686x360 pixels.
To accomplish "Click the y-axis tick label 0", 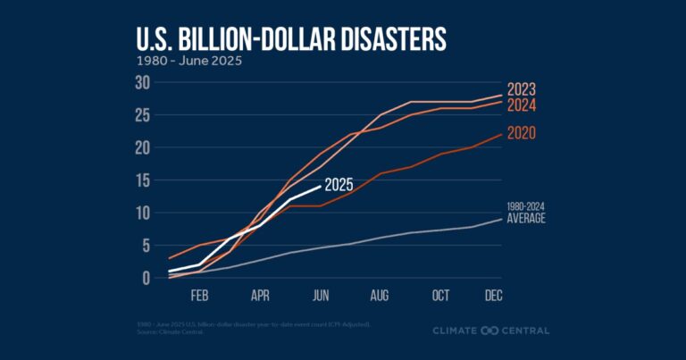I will (x=143, y=278).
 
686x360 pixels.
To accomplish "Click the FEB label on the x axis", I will (x=199, y=295).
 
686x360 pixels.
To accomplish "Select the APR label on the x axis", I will (x=260, y=295).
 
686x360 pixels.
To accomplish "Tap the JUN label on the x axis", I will (x=319, y=295).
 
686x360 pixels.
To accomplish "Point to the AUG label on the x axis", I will (x=380, y=295).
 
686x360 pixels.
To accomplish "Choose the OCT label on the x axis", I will (x=440, y=295).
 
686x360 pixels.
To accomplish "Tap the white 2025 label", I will (x=339, y=186).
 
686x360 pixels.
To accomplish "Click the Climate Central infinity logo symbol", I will (x=488, y=331).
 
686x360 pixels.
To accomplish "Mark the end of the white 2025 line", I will (x=320, y=187).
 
